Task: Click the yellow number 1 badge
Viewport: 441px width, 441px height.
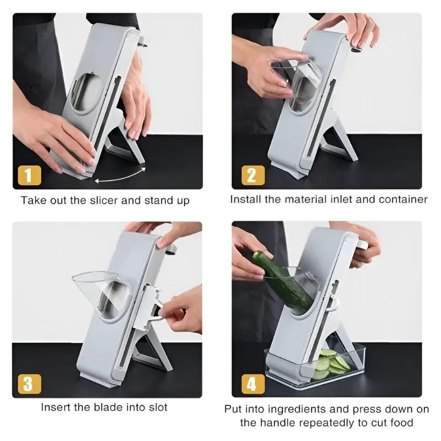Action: tap(29, 175)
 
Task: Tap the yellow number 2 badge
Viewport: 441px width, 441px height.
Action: tap(253, 175)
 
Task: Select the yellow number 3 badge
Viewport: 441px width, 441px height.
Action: tap(29, 384)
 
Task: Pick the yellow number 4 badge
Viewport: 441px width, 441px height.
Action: tap(253, 384)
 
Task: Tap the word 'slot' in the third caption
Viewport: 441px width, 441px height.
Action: tap(158, 407)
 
